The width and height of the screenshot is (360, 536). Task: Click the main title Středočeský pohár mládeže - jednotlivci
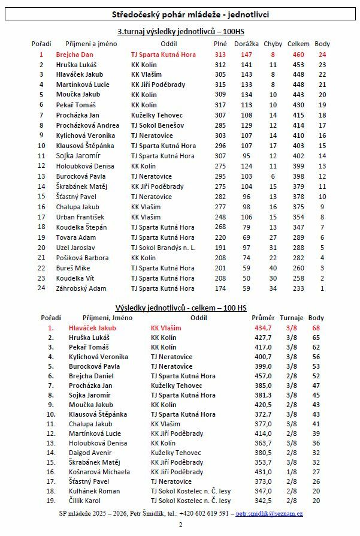(180, 14)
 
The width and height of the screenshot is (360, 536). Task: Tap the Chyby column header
(273, 44)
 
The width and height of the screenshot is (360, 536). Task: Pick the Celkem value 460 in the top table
(298, 55)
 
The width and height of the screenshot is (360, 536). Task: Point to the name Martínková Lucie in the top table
(83, 85)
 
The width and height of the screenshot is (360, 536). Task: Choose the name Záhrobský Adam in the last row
(81, 288)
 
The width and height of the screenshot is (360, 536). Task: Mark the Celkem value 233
(298, 288)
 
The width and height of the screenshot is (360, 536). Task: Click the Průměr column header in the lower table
(264, 317)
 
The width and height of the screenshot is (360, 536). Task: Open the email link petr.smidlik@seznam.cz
(269, 514)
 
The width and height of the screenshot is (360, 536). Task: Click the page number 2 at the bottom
(180, 525)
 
